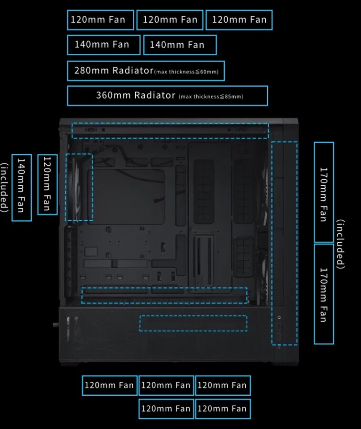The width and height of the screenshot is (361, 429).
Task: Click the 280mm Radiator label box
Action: [x=146, y=71]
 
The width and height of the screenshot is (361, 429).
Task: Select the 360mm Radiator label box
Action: [x=167, y=96]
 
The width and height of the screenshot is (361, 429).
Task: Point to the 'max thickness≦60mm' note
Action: [x=187, y=72]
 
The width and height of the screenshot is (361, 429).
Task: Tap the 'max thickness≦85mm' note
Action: [x=211, y=97]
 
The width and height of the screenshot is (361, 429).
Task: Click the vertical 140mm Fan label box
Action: [x=21, y=187]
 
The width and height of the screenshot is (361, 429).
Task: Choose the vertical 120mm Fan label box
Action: [x=47, y=184]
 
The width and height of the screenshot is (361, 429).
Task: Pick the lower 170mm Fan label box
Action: [x=324, y=294]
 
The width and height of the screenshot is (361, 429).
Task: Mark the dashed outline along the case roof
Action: [x=170, y=131]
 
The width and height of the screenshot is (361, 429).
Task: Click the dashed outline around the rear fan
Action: [x=79, y=187]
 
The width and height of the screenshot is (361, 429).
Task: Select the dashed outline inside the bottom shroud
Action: [x=193, y=323]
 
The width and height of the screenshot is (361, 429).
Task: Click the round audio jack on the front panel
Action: [x=279, y=317]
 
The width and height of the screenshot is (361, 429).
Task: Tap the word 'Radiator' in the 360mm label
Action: [x=155, y=95]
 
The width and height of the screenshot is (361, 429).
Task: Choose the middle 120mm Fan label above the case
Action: [x=170, y=20]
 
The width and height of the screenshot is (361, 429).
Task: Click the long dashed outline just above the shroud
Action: [x=164, y=295]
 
